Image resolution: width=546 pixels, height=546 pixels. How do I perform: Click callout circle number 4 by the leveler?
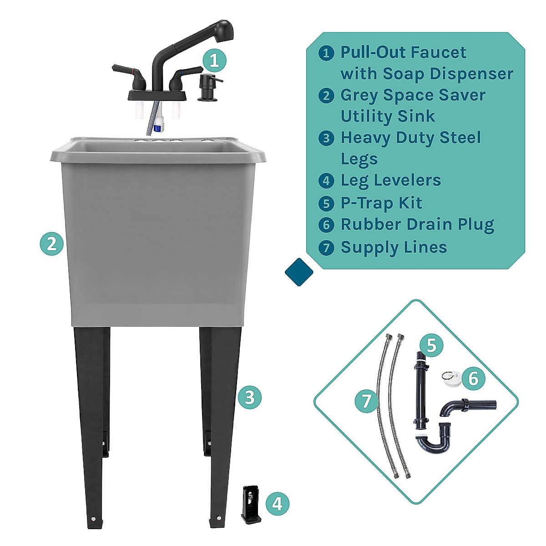(277, 504)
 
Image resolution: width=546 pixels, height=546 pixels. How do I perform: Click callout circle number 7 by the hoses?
(367, 401)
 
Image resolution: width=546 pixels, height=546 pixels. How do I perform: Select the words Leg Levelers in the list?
(390, 180)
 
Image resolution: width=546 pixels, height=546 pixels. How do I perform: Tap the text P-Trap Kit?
(381, 203)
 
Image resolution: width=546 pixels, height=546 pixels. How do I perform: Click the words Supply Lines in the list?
(394, 247)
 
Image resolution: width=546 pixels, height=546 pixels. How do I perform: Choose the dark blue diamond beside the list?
(299, 272)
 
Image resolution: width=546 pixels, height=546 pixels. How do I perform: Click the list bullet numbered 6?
(326, 225)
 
